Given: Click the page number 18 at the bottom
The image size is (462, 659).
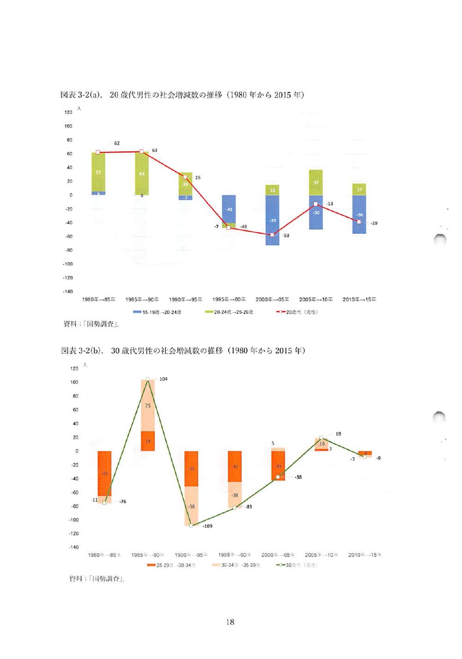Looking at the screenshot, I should click(x=230, y=622).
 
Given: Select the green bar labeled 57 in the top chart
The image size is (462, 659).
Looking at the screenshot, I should click(x=98, y=172).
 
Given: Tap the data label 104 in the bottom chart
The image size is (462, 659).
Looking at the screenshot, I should click(x=164, y=379).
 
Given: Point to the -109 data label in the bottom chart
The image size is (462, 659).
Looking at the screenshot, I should click(x=207, y=526).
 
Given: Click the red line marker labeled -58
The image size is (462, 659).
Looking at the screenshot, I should click(x=272, y=235).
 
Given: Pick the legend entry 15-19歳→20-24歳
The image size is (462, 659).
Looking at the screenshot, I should click(x=157, y=312).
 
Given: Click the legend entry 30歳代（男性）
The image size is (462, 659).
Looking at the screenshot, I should click(x=297, y=565).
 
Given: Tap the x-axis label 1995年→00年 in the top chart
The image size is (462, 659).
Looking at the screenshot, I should click(x=229, y=299).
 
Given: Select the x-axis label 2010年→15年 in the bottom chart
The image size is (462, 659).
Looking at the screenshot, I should click(x=365, y=555).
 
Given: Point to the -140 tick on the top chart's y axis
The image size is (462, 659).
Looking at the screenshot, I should click(x=68, y=291).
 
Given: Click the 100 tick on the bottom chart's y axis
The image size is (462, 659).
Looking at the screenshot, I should click(x=74, y=382).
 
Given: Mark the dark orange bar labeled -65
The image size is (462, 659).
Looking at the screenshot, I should click(x=104, y=473).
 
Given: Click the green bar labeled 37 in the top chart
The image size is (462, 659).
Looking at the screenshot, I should click(x=316, y=182).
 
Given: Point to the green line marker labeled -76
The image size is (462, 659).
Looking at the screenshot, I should click(x=104, y=502).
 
